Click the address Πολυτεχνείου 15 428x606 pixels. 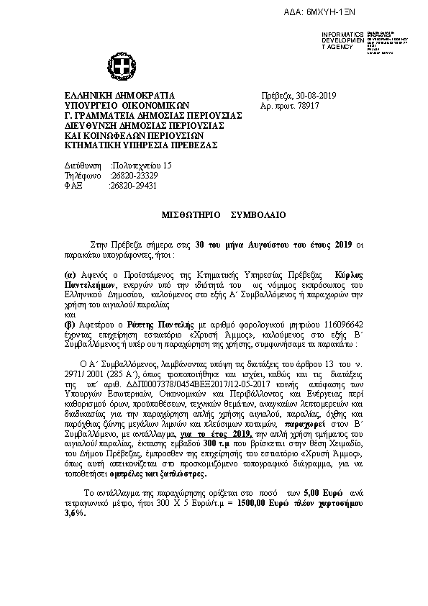[x=142, y=165]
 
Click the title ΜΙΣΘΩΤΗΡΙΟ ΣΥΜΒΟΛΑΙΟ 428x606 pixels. [x=223, y=215]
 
